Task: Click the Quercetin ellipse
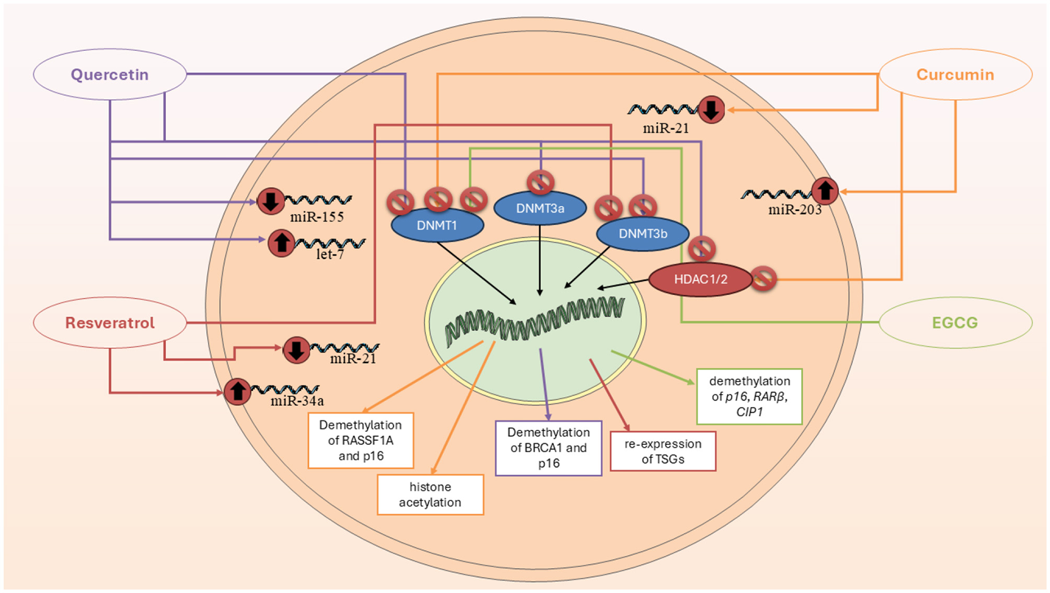click(110, 75)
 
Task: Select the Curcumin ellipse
click(955, 75)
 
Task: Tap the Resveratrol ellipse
click(110, 323)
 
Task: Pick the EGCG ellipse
click(955, 323)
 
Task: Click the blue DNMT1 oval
click(437, 226)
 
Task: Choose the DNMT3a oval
click(540, 209)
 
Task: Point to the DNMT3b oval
click(643, 234)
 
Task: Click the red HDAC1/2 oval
click(700, 280)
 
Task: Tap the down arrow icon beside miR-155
click(271, 201)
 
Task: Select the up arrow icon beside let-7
click(281, 243)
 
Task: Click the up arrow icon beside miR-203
click(825, 191)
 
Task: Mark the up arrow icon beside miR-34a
click(238, 392)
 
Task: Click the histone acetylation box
click(430, 495)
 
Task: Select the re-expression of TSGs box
click(663, 451)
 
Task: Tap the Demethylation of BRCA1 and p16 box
click(549, 448)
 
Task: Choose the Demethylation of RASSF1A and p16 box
click(360, 440)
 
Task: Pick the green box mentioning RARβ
click(750, 396)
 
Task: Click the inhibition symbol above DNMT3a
click(540, 182)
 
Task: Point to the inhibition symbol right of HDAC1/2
click(764, 278)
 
